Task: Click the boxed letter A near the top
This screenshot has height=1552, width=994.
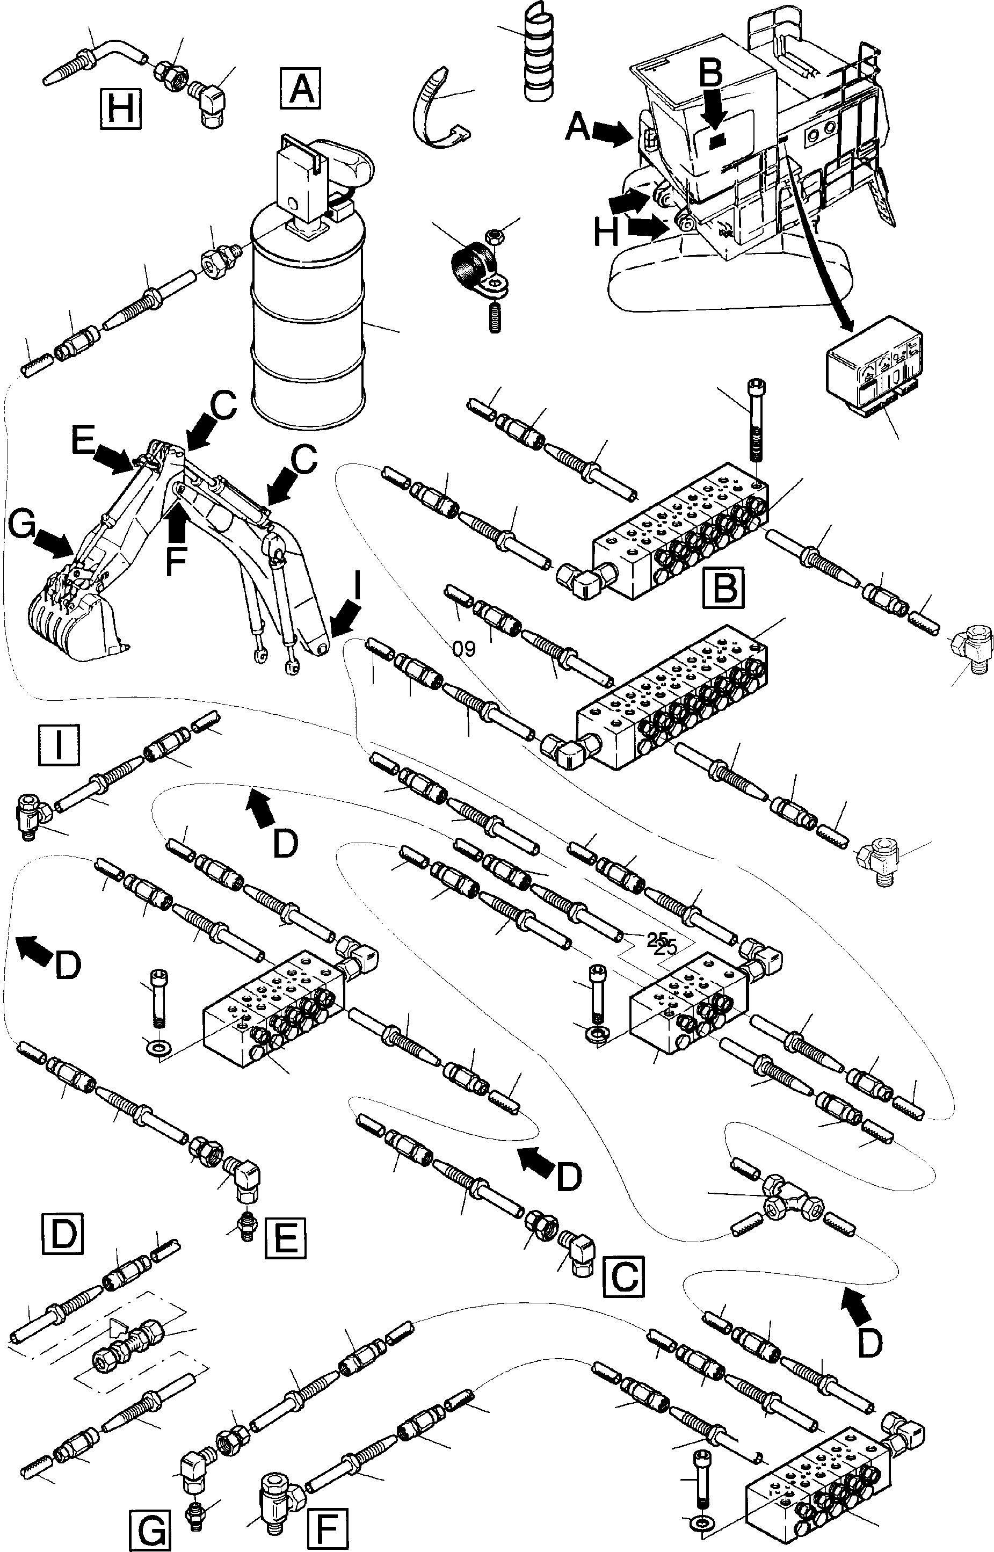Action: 301,89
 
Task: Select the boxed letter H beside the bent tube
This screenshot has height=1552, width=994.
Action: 121,109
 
